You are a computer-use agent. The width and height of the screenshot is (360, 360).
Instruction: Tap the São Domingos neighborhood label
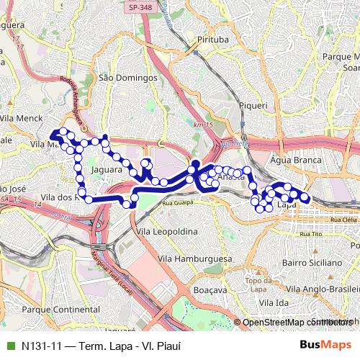coord(127,77)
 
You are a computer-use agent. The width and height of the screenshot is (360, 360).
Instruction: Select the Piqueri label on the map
coord(253,105)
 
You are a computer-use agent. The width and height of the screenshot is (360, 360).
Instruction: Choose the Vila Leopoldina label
coord(166,231)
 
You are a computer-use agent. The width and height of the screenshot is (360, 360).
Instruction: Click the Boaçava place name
coord(210,289)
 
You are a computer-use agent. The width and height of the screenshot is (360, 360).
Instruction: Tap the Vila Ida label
coord(274,302)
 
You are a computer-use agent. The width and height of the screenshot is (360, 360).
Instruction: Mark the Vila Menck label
coord(22,118)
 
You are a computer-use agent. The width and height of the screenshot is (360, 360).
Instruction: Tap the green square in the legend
coord(9,346)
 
